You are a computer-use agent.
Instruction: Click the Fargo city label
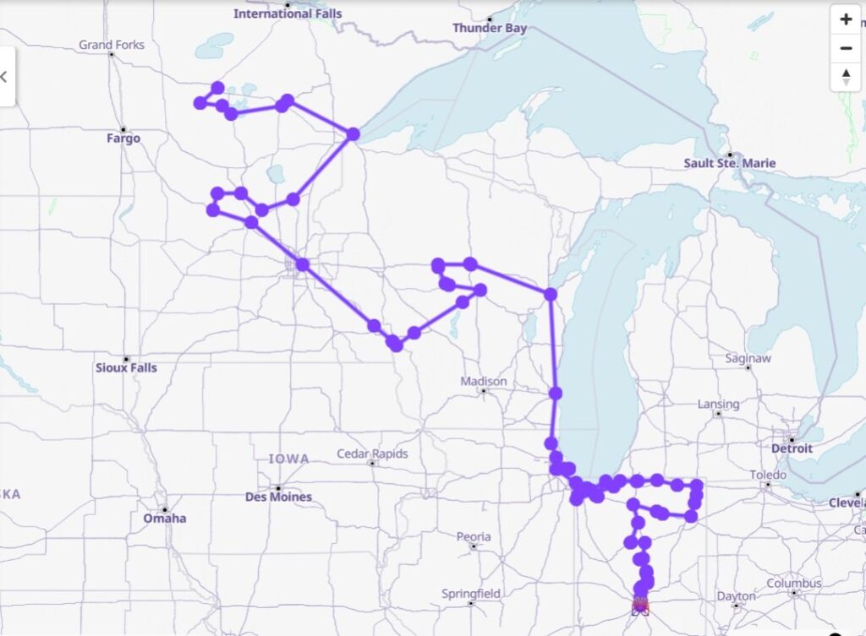(123, 139)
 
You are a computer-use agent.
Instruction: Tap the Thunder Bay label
(489, 28)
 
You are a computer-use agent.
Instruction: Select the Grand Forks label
(112, 45)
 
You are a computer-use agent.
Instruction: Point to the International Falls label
(288, 14)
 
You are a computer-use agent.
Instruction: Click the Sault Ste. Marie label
(729, 163)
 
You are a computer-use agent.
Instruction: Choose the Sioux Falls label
(126, 368)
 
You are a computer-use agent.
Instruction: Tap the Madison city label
(484, 382)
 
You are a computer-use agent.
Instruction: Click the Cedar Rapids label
(372, 454)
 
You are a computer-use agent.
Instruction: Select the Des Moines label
(278, 497)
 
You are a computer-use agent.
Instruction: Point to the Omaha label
(164, 518)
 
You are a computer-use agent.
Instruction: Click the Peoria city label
(474, 536)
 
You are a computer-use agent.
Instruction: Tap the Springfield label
(471, 594)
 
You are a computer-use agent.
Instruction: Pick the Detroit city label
(792, 448)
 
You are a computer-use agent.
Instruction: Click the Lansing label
(718, 405)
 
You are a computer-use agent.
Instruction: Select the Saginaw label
(748, 358)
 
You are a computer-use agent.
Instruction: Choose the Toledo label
(768, 476)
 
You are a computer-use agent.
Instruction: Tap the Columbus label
(794, 584)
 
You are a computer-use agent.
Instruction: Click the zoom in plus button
(846, 19)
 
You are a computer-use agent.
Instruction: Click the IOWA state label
(288, 459)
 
